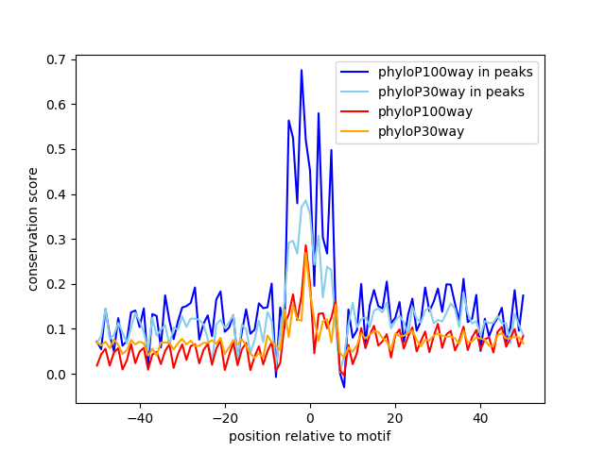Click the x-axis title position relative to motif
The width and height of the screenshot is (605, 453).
tap(310, 436)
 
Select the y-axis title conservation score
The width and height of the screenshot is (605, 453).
tap(33, 228)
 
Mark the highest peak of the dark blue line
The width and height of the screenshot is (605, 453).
tap(302, 70)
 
